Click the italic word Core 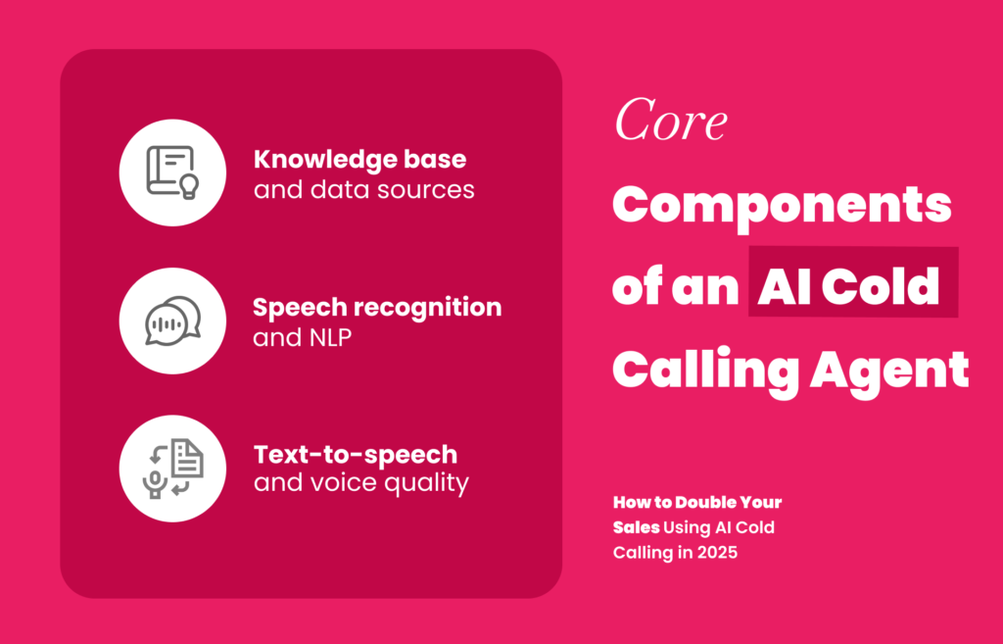pyautogui.click(x=670, y=120)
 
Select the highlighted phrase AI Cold pyautogui.click(x=848, y=286)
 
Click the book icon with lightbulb pyautogui.click(x=172, y=173)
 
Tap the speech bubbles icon pyautogui.click(x=172, y=321)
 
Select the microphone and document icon pyautogui.click(x=172, y=469)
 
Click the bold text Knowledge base pyautogui.click(x=359, y=160)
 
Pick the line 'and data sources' pyautogui.click(x=364, y=189)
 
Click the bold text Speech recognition pyautogui.click(x=377, y=308)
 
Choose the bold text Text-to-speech pyautogui.click(x=356, y=455)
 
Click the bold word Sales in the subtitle pyautogui.click(x=636, y=527)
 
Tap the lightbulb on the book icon pyautogui.click(x=189, y=186)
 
